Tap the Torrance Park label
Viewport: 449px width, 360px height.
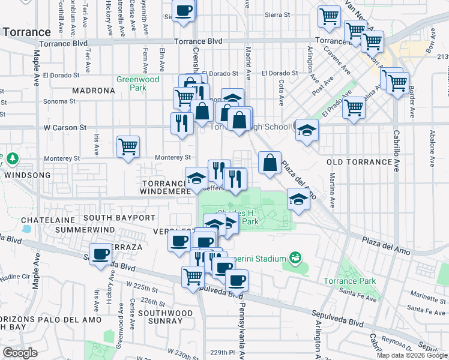(x=349, y=281)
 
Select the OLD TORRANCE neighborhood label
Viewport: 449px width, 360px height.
(x=358, y=162)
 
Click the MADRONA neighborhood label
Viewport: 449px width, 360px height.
(x=93, y=91)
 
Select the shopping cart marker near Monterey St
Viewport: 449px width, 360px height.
(x=128, y=146)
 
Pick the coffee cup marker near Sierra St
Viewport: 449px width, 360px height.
(x=184, y=10)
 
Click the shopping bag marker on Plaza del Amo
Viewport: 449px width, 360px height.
(x=270, y=162)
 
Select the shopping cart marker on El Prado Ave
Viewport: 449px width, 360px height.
(x=354, y=108)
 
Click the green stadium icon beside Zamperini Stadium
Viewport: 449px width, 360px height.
(x=295, y=259)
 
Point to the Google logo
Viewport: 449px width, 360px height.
(x=20, y=353)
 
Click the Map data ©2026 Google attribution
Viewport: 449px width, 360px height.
(x=411, y=355)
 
